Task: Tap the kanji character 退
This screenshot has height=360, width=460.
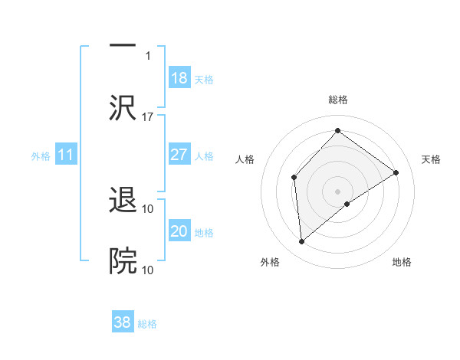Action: point(123,201)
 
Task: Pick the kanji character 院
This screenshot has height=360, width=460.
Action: point(123,261)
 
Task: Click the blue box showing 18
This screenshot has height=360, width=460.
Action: point(179,78)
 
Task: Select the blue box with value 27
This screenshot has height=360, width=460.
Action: point(179,155)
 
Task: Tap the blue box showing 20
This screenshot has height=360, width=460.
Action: point(179,231)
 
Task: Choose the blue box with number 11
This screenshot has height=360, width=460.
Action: point(66,155)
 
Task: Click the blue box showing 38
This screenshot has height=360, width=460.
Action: point(123,322)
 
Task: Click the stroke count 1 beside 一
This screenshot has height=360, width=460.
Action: point(148,55)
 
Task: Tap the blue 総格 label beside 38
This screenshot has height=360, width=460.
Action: point(147,324)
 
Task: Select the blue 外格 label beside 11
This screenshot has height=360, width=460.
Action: point(41,156)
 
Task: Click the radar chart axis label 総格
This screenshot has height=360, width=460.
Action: point(337,100)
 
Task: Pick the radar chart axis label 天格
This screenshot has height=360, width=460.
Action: point(431,159)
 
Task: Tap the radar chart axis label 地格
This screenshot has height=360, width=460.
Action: point(402,262)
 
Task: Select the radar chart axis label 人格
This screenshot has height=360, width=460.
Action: point(245,159)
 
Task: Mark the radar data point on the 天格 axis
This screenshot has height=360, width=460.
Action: point(396,172)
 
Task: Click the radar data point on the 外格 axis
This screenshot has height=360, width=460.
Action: point(302,242)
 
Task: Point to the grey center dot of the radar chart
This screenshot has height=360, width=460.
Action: point(337,191)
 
